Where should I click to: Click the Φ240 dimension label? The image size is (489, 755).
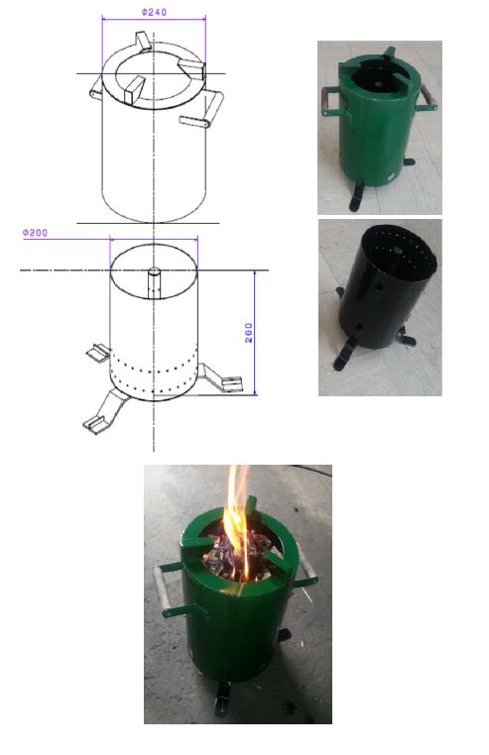point(154,12)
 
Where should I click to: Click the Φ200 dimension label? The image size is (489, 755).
point(35,233)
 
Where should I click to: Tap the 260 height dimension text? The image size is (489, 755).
point(249,333)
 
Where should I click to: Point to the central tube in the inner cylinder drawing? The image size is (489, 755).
point(154,283)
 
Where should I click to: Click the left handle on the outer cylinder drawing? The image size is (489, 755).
point(96,88)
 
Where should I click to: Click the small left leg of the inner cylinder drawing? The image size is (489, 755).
point(99,353)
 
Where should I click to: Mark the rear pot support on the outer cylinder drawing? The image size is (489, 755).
point(143,42)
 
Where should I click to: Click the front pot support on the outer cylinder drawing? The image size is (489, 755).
point(134,90)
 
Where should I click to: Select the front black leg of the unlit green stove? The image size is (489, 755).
point(357,196)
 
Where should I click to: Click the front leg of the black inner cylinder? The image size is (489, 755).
point(346,353)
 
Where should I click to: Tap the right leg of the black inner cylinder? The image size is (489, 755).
point(406,336)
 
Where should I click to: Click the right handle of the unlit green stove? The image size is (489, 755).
point(428,98)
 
